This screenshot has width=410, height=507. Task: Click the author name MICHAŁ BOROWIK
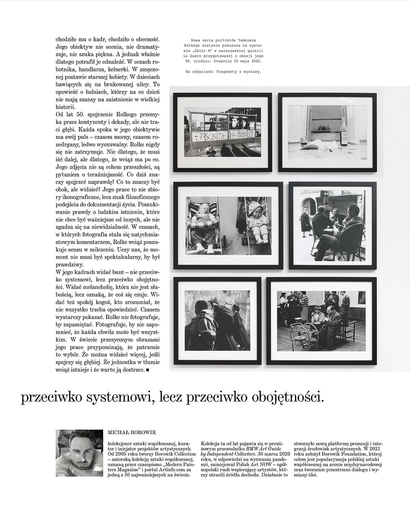pyautogui.click(x=132, y=432)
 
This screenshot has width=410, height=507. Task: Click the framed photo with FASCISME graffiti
pyautogui.click(x=222, y=132)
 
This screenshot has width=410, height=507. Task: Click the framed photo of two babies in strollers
pyautogui.click(x=228, y=225)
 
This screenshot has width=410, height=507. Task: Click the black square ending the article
pyautogui.click(x=148, y=369)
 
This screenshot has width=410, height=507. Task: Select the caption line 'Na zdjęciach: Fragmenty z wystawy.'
pyautogui.click(x=223, y=71)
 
